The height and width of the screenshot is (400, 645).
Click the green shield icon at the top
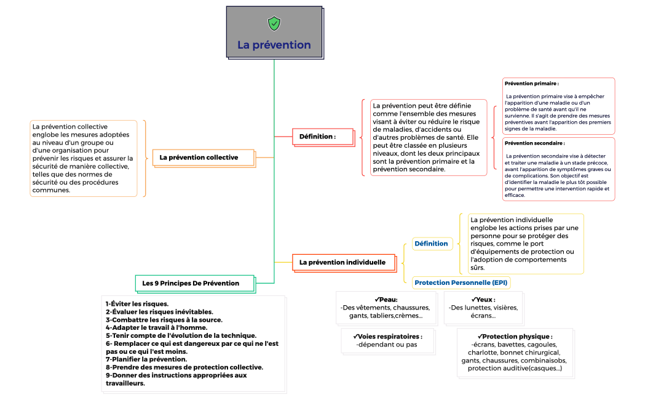pyautogui.click(x=274, y=23)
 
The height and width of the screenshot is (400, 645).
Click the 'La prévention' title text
pyautogui.click(x=274, y=45)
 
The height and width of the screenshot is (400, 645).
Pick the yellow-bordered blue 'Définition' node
pyautogui.click(x=431, y=244)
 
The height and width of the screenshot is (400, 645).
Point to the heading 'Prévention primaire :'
pyautogui.click(x=531, y=83)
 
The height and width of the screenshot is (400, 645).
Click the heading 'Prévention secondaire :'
pyautogui.click(x=534, y=143)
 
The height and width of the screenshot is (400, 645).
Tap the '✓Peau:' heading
pyautogui.click(x=386, y=300)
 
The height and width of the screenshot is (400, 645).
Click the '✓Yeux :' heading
pyautogui.click(x=483, y=300)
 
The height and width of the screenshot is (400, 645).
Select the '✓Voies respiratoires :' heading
pyautogui.click(x=387, y=337)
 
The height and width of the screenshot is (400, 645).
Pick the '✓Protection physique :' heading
pyautogui.click(x=515, y=337)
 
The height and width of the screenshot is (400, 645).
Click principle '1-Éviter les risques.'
pyautogui.click(x=137, y=303)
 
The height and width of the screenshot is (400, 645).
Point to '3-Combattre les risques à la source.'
pyautogui.click(x=164, y=319)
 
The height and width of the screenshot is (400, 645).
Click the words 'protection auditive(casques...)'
pyautogui.click(x=515, y=369)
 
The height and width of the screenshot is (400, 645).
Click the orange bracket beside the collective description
pyautogui.click(x=145, y=158)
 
